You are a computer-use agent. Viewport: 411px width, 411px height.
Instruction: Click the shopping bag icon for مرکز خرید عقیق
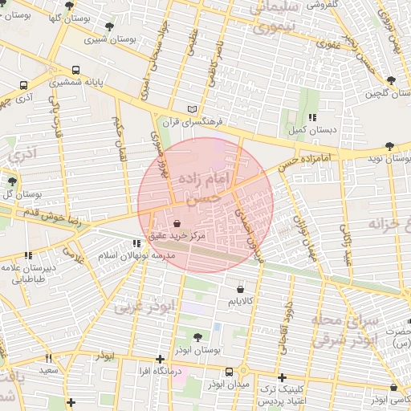tap(177, 226)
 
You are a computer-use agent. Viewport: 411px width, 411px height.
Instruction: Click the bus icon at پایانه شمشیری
tap(76, 70)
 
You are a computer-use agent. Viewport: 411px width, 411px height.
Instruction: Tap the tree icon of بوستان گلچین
tap(391, 80)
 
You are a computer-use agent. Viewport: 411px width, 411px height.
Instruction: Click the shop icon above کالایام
tap(241, 289)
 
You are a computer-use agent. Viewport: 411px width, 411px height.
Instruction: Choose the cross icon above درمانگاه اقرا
tap(161, 359)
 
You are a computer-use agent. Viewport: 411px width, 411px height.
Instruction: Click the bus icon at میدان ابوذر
tap(230, 372)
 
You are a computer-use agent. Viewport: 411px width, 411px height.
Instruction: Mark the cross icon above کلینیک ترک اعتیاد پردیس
tap(282, 376)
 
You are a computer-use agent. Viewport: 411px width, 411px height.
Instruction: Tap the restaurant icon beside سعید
tap(49, 358)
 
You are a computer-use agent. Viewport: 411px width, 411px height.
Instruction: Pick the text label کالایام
tap(241, 302)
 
